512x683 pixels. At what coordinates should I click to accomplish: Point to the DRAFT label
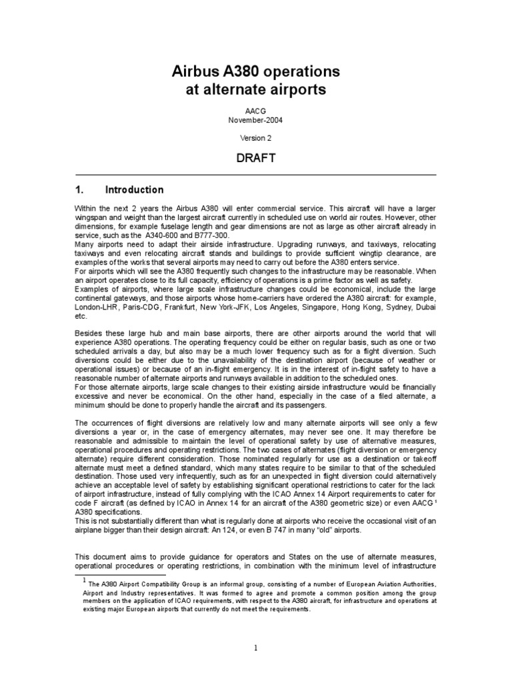(256, 161)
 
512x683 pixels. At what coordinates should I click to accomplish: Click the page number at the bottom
(256, 646)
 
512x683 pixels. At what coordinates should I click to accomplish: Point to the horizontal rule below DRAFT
(256, 175)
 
